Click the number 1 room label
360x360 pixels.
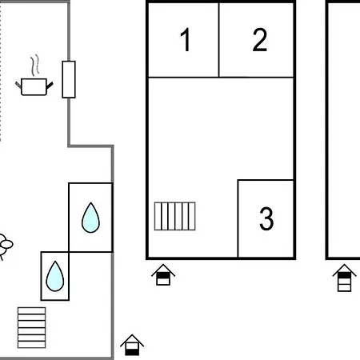(185, 39)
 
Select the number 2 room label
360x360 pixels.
(259, 39)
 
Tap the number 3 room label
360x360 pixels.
(266, 218)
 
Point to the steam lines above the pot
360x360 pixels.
(35, 66)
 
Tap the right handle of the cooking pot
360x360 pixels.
(50, 86)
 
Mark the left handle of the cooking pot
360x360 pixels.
(18, 85)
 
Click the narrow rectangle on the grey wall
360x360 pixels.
(69, 79)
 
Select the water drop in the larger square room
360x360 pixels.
(90, 218)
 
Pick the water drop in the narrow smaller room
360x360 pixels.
(55, 276)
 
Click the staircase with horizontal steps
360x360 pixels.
(31, 328)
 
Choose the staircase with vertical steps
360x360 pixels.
(175, 216)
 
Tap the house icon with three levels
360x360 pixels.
(344, 278)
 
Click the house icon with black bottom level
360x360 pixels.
(132, 345)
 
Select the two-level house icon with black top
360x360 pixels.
(163, 274)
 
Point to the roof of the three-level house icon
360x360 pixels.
(344, 269)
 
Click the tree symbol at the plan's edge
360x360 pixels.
(4, 246)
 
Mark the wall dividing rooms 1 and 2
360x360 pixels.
(219, 40)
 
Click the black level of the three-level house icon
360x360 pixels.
(344, 275)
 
